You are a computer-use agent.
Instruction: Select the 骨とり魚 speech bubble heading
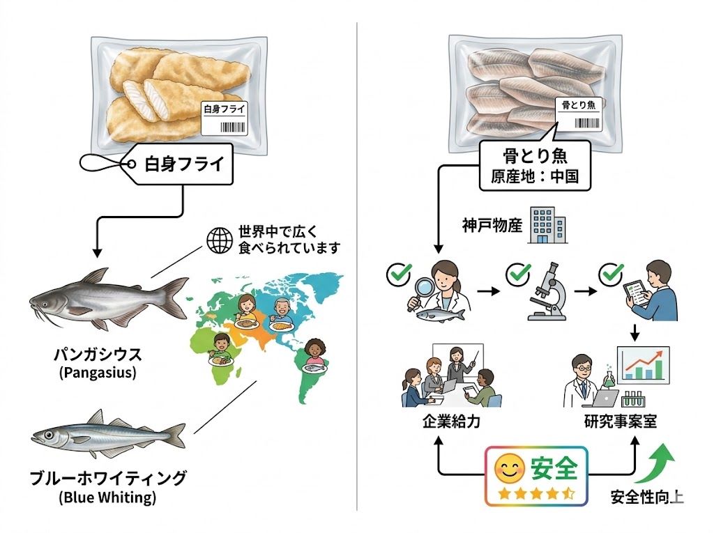(x=533, y=155)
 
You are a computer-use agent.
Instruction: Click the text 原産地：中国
(x=534, y=176)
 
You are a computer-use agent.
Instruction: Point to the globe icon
(x=219, y=240)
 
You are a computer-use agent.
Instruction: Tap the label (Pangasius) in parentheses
(x=98, y=373)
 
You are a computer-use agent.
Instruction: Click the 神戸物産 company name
(x=492, y=226)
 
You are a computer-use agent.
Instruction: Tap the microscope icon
(x=547, y=293)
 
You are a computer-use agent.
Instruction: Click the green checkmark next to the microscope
(x=518, y=274)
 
